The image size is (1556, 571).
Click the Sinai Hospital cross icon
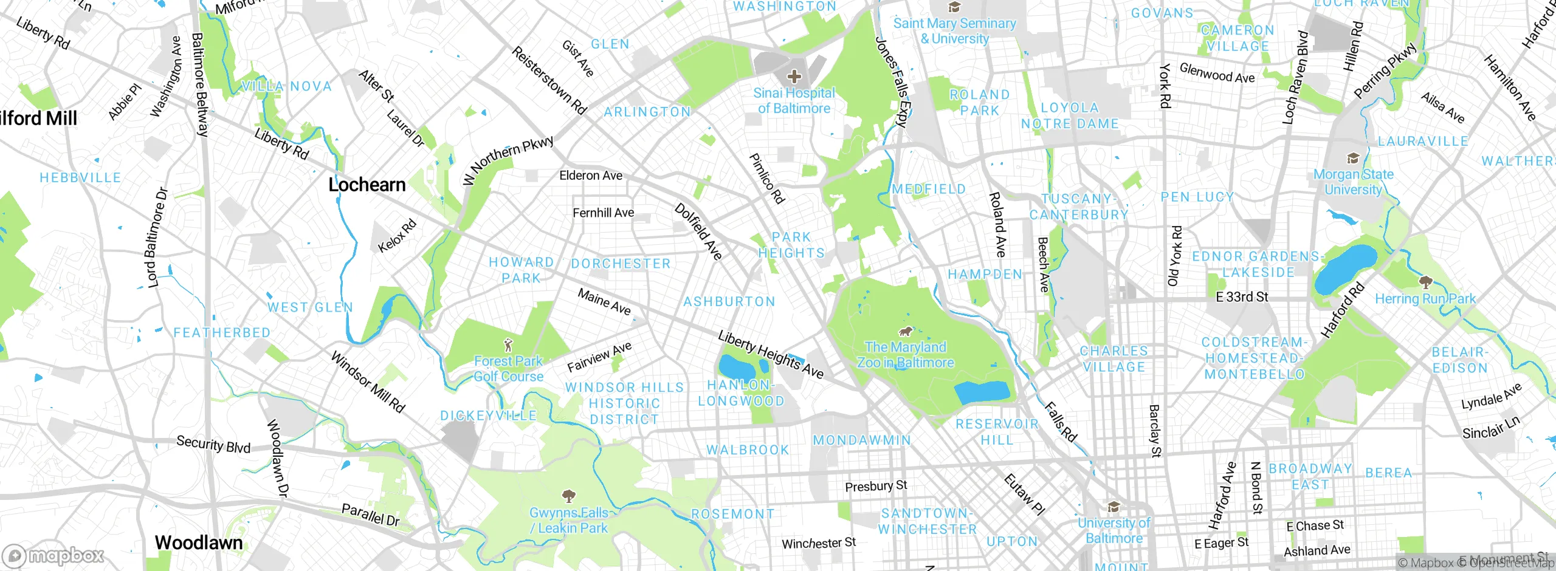pos(794,77)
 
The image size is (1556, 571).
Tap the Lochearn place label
pos(367,185)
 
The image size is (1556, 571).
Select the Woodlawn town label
pos(198,542)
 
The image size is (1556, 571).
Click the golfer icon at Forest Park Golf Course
pos(508,346)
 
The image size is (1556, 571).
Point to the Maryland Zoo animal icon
pos(905,332)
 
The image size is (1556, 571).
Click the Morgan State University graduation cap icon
pos(1353,159)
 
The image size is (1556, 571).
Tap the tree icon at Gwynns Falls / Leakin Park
pos(568,497)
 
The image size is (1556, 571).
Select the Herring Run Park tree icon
pos(1425,282)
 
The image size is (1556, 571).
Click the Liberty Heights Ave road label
pos(771,355)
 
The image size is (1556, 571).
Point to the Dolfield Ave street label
pos(698,232)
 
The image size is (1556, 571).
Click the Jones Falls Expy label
pos(891,81)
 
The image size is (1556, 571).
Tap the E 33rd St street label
pos(1242,297)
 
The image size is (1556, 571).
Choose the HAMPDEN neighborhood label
pos(985,275)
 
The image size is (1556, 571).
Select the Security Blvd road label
pos(213,444)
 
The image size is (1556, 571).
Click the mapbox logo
pos(53,555)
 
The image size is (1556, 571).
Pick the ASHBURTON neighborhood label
pos(729,302)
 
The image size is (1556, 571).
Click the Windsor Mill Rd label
pos(367,382)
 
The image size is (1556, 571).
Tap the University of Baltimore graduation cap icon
pos(1114,507)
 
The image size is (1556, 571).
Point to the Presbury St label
pos(875,486)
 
